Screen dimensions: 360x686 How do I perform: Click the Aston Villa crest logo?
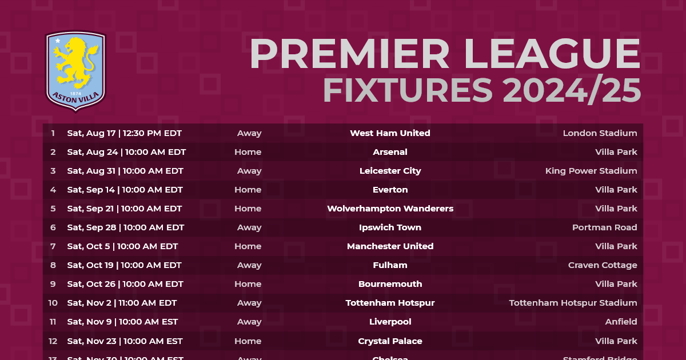pyautogui.click(x=75, y=70)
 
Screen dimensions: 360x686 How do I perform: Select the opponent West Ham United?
pyautogui.click(x=390, y=133)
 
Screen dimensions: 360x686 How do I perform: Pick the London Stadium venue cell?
pyautogui.click(x=600, y=133)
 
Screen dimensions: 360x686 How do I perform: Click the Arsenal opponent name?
pyautogui.click(x=390, y=152)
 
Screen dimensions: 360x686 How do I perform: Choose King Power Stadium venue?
pyautogui.click(x=591, y=171)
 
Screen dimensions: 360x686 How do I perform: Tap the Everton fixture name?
pyautogui.click(x=390, y=190)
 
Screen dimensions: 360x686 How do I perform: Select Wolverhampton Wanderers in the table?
pyautogui.click(x=390, y=209)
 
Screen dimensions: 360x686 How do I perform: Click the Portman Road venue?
pyautogui.click(x=604, y=227)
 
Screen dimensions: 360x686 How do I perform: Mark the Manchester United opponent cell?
pyautogui.click(x=390, y=246)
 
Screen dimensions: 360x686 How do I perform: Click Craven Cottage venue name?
pyautogui.click(x=603, y=265)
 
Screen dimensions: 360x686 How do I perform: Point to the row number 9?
pyautogui.click(x=53, y=284)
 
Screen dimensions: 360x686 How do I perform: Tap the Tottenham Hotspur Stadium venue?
pyautogui.click(x=573, y=303)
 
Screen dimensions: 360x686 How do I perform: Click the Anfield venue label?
pyautogui.click(x=621, y=322)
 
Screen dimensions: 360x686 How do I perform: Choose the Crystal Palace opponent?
pyautogui.click(x=390, y=341)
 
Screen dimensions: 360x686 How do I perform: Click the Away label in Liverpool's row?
pyautogui.click(x=249, y=322)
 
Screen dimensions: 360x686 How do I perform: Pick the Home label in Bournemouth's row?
pyautogui.click(x=248, y=284)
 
